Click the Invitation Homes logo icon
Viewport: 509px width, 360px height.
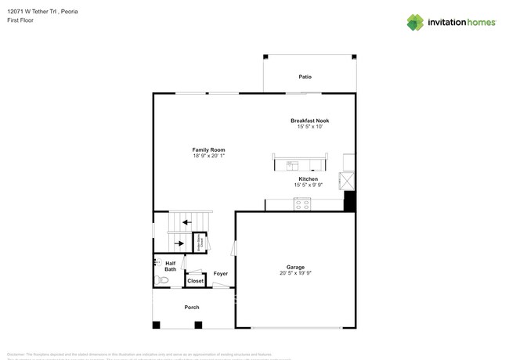tap(415, 22)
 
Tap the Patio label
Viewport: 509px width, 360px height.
tap(305, 77)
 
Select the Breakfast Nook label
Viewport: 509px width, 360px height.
tap(309, 121)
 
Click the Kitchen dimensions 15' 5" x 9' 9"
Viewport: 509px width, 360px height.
tap(308, 185)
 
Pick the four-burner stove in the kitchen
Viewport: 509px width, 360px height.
tap(302, 204)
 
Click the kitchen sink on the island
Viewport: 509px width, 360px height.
tap(292, 165)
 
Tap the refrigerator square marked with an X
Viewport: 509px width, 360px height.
tap(347, 181)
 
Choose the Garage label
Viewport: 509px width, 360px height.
tap(295, 267)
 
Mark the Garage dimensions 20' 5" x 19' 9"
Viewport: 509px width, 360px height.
tap(295, 274)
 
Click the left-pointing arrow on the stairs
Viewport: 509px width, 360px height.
tap(186, 222)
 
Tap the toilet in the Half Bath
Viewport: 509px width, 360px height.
tap(162, 279)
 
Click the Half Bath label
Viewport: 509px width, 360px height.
tap(170, 266)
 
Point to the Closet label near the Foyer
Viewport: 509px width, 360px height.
tap(195, 281)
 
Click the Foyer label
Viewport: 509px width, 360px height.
tap(221, 274)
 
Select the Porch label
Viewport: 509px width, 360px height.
tap(192, 308)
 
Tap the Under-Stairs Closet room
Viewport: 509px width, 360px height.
tap(200, 243)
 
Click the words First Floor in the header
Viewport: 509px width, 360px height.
tap(20, 20)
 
